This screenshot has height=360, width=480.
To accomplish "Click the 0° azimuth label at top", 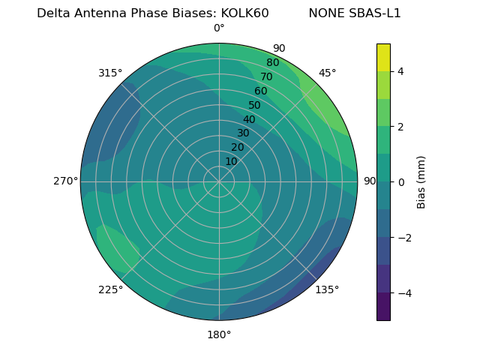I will pyautogui.click(x=219, y=28).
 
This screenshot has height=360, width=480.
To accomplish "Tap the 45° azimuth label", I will pyautogui.click(x=327, y=73).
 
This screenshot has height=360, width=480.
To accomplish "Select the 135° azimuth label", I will pyautogui.click(x=327, y=290).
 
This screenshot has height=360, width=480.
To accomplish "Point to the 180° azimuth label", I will pyautogui.click(x=219, y=334).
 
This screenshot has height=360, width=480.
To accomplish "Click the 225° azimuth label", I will pyautogui.click(x=110, y=290).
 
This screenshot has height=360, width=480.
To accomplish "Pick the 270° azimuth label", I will pyautogui.click(x=65, y=181).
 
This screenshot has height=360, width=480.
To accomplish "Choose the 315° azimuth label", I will pyautogui.click(x=110, y=73).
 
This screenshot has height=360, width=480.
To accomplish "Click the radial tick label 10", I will pyautogui.click(x=231, y=162).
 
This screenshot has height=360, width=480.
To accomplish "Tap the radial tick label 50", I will pyautogui.click(x=255, y=106).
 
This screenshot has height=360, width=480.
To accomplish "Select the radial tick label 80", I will pyautogui.click(x=273, y=63).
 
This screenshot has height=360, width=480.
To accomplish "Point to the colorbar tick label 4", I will pyautogui.click(x=400, y=71).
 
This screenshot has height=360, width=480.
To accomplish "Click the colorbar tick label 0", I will pyautogui.click(x=400, y=182).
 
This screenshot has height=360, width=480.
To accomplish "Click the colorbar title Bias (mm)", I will pyautogui.click(x=421, y=181).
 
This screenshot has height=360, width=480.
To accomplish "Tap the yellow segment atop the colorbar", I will pyautogui.click(x=383, y=58).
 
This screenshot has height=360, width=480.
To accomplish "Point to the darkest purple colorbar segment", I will pyautogui.click(x=383, y=307).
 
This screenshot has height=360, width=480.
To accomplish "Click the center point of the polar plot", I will pyautogui.click(x=219, y=181).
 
